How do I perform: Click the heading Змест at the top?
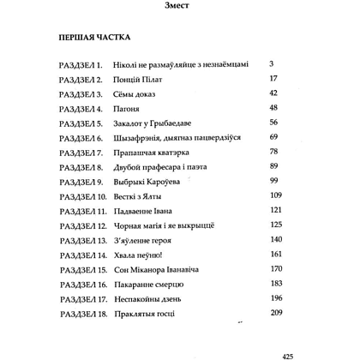pos(180,10)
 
